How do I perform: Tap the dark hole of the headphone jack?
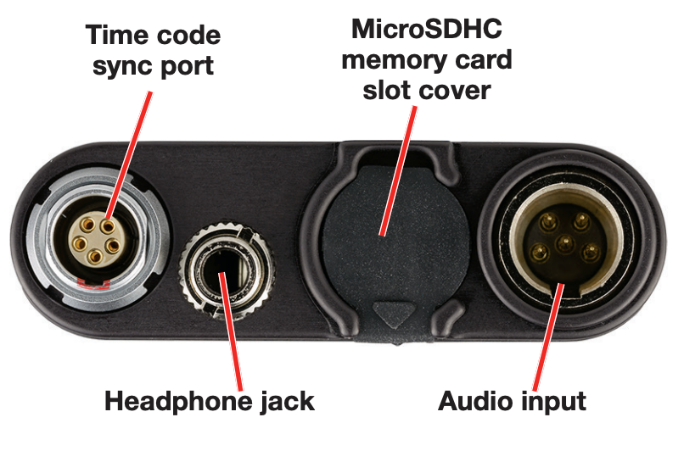coord(221,267)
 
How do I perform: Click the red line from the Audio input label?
coord(543,339)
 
